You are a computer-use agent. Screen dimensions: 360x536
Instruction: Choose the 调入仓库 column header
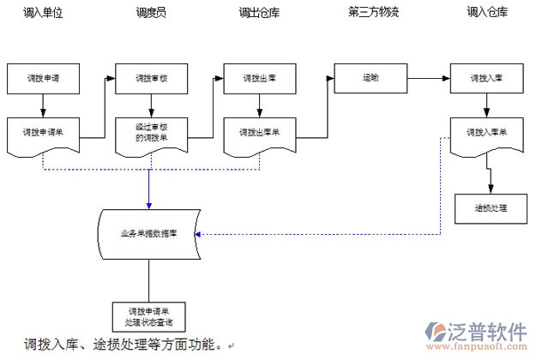[x=486, y=14]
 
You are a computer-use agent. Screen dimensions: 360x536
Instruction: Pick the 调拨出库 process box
[x=260, y=78]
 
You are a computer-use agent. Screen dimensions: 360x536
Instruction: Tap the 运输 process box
[x=370, y=77]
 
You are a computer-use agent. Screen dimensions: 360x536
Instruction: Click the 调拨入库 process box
[x=486, y=78]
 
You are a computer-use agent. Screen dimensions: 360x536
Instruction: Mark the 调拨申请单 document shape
[x=42, y=134]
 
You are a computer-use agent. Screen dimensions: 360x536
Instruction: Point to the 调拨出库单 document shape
[x=260, y=134]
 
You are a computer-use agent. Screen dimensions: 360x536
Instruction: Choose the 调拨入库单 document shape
[x=486, y=134]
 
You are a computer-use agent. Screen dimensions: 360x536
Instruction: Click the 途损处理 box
[x=491, y=209]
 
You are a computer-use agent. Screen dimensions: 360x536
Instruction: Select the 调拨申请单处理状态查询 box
[x=149, y=316]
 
